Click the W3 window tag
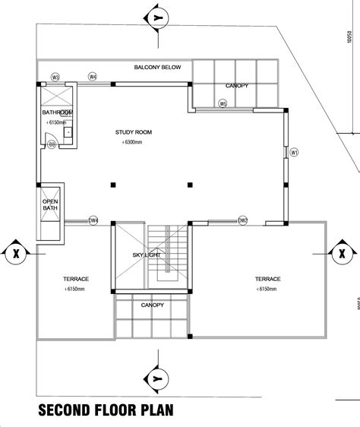[55, 77]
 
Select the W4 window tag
[93, 77]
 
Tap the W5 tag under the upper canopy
[223, 103]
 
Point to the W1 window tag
[295, 152]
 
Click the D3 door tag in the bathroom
[52, 144]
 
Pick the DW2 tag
[243, 221]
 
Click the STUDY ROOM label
[134, 132]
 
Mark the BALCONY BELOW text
[157, 68]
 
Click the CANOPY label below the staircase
[153, 305]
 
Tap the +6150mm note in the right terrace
[268, 289]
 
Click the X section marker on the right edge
[343, 251]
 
